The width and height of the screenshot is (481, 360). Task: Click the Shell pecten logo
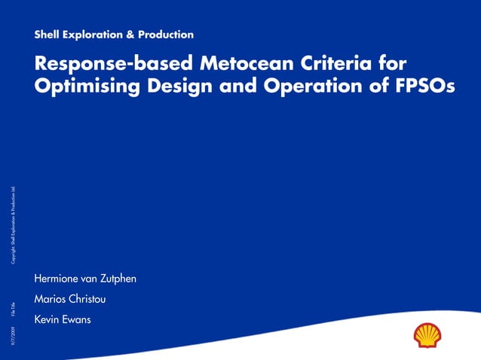click(x=427, y=335)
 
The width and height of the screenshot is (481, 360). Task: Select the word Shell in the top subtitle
click(x=47, y=35)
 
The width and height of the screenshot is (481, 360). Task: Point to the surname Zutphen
click(x=115, y=279)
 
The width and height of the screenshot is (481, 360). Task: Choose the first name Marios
click(x=49, y=300)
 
